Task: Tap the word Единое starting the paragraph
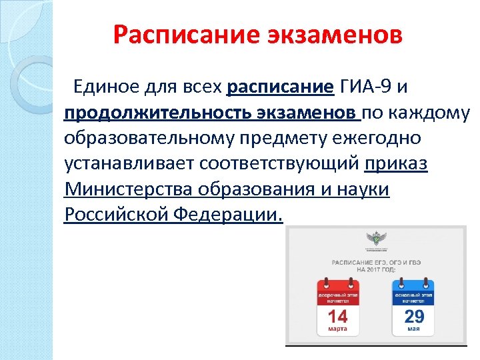coord(106,87)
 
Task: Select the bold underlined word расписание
coord(280,87)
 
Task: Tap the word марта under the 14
coord(338,329)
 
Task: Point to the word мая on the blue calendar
coord(413,329)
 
